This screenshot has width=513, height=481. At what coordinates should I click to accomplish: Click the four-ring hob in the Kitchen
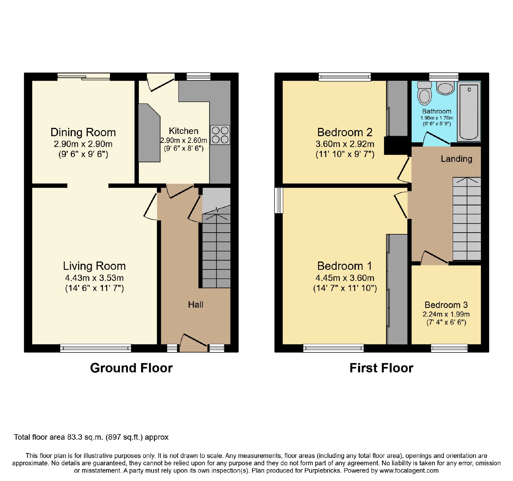click(x=220, y=135)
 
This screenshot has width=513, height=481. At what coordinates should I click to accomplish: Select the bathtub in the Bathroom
click(x=469, y=111)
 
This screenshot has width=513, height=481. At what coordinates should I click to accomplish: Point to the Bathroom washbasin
click(x=445, y=88)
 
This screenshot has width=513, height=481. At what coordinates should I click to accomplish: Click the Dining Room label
click(x=83, y=132)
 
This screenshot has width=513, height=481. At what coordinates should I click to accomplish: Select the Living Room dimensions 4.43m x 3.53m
click(x=94, y=278)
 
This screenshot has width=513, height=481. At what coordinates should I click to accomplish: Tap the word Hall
click(x=196, y=304)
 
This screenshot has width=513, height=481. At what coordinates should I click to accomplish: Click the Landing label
click(x=456, y=159)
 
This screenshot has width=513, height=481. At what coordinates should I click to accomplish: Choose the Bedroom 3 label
click(x=446, y=305)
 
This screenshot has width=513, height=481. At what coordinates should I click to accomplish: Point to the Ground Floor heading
click(x=131, y=368)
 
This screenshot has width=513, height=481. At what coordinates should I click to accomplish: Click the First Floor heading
click(x=381, y=368)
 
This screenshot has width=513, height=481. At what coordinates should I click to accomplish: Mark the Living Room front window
click(x=96, y=348)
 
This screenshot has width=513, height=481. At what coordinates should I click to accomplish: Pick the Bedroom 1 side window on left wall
click(x=279, y=200)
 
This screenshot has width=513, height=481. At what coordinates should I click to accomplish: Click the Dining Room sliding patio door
click(x=84, y=77)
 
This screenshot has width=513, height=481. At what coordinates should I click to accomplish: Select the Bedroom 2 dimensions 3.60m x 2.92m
click(x=345, y=144)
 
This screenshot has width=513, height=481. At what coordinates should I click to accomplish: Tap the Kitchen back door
click(x=160, y=83)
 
